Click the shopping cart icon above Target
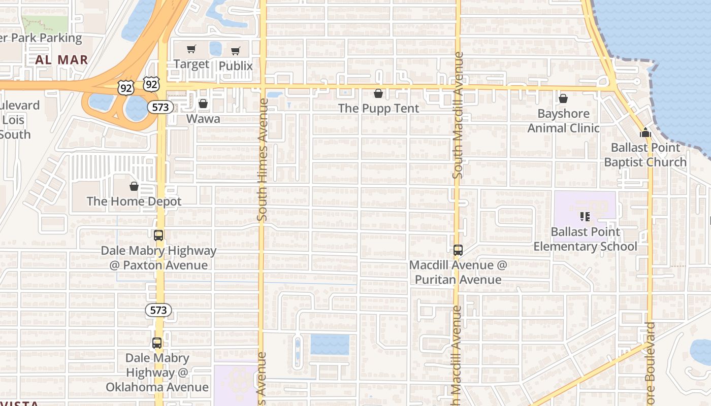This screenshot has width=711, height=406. point(191,49)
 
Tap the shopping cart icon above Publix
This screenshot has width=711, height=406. point(235,51)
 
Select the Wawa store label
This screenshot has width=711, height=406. point(203,119)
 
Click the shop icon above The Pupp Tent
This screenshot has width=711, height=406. point(378,93)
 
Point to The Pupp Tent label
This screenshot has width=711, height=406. point(378,108)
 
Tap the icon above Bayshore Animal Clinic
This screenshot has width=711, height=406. point(563,98)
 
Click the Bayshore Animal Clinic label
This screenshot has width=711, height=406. point(563,121)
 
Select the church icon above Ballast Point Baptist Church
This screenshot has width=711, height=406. point(645,133)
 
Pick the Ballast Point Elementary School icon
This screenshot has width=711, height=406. point(585,217)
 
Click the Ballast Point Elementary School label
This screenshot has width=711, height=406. point(585,239)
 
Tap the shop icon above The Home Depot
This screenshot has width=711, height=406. point(134,186)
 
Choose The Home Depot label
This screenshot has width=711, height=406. point(134,201)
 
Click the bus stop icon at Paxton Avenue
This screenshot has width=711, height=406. point(158,235)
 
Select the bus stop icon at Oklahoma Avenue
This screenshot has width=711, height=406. point(157,343)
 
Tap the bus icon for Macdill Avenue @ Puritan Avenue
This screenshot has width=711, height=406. point(458,250)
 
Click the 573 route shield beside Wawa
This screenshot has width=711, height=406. point(160,107)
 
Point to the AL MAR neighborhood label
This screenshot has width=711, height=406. point(61,59)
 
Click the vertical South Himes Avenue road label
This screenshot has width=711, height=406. point(262,159)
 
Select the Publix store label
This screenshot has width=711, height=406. point(236,66)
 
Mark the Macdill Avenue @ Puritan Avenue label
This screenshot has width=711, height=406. point(458,272)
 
